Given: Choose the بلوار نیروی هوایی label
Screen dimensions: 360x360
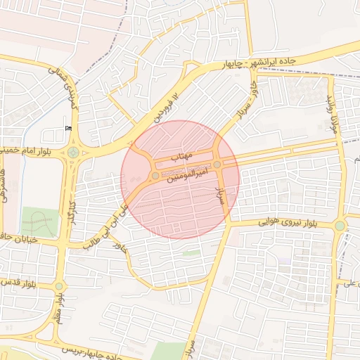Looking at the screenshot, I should (279, 223).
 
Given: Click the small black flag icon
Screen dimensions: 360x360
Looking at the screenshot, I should (68, 127).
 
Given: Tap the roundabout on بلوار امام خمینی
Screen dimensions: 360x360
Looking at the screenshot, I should (73, 152).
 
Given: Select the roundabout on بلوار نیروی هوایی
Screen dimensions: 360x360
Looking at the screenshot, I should (340, 226).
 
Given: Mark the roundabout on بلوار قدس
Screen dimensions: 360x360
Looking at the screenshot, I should (59, 286).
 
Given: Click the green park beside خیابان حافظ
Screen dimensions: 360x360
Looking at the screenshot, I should (39, 222).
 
